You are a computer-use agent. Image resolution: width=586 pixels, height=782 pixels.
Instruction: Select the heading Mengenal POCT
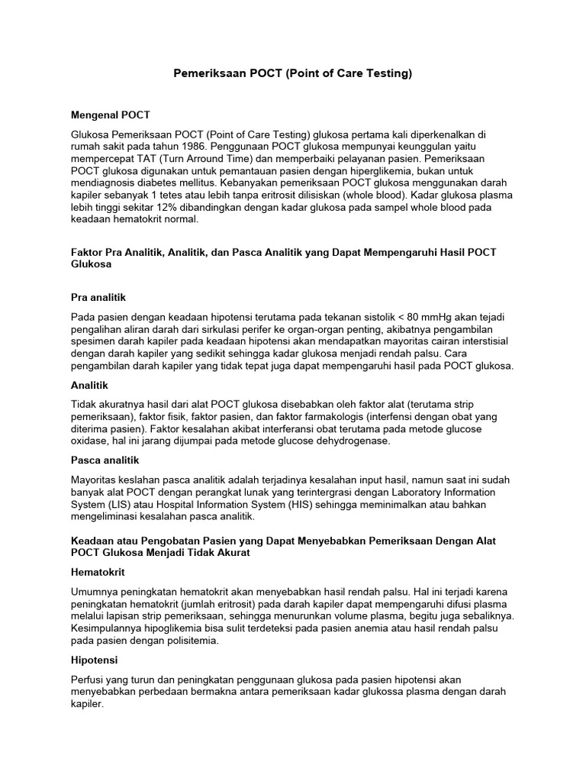coord(111,115)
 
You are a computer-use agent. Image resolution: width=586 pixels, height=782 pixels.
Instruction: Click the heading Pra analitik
coord(98,297)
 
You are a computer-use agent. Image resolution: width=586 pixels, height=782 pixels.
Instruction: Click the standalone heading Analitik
coord(90,386)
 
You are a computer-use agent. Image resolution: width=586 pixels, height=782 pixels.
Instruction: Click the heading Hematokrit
coord(98,571)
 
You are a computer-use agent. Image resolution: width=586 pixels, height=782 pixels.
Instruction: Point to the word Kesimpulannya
coord(107,628)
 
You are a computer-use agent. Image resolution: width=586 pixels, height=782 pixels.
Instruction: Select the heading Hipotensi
coord(94,659)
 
